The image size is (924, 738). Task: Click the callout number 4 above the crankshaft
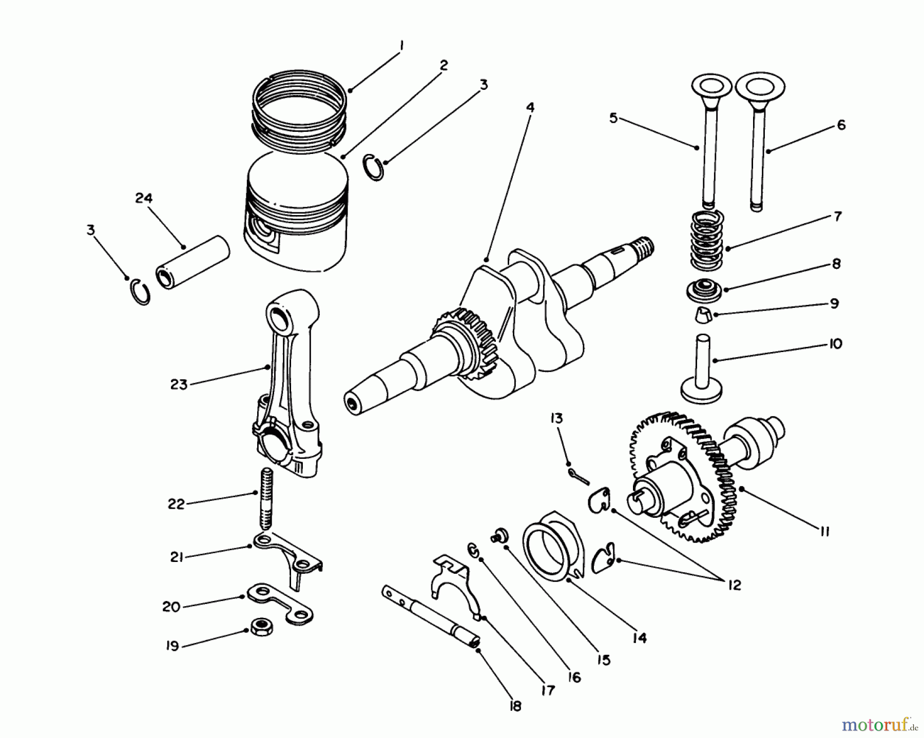(x=530, y=107)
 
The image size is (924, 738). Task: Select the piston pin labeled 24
(x=193, y=263)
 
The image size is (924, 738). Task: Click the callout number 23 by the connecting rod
(x=179, y=384)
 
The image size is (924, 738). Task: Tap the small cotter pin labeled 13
(x=577, y=474)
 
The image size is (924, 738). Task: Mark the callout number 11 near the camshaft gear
(x=824, y=532)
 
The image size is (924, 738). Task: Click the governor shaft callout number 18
(x=515, y=706)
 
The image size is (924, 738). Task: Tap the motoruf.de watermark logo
(x=879, y=725)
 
